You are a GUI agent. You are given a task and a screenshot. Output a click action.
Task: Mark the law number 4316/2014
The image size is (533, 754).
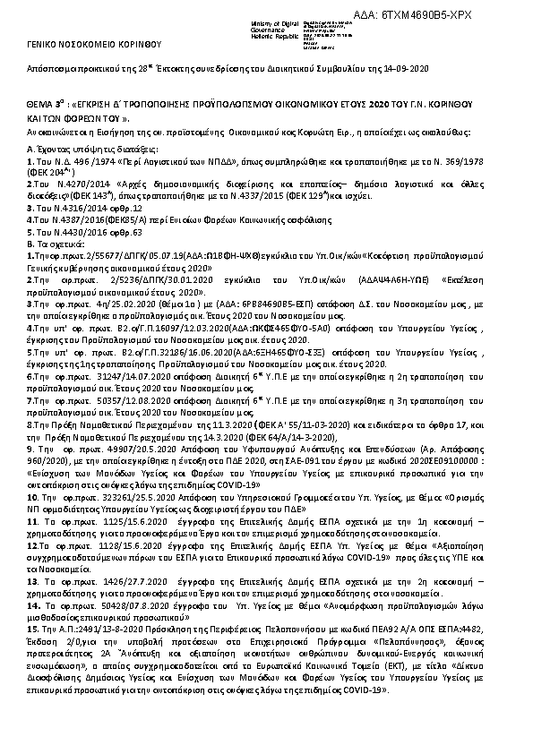[x=82, y=207]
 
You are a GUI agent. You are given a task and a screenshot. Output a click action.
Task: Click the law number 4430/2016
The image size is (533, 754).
[x=82, y=229]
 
